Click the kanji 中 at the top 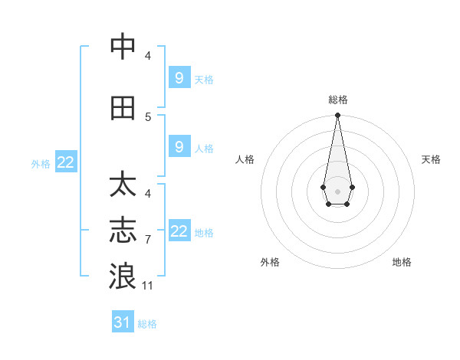point(123,47)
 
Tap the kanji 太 point(123,185)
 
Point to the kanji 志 point(123,231)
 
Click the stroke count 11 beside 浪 point(148,286)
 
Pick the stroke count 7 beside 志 point(148,240)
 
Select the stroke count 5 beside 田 point(148,117)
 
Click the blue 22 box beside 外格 point(66,162)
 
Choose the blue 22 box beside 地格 point(179,231)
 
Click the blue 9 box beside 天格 point(179,77)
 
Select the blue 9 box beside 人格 point(179,147)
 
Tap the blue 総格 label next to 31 point(147,324)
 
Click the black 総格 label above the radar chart point(337,100)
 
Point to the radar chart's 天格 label point(431,159)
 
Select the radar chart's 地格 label point(402,262)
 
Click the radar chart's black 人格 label point(245,159)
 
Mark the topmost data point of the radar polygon point(337,116)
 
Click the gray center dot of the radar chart point(337,190)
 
